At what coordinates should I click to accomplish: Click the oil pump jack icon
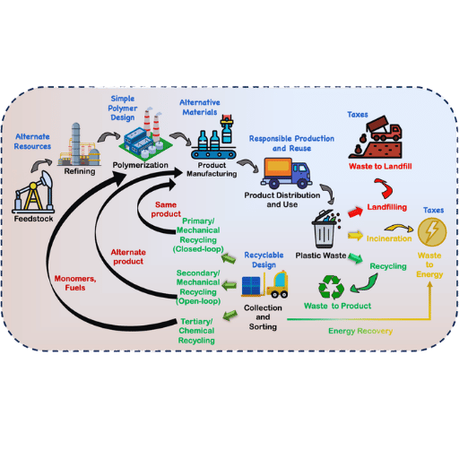[x=33, y=192]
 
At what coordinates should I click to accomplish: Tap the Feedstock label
[x=33, y=219]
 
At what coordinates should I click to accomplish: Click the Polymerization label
[x=140, y=165]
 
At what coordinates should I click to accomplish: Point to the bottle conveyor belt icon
[x=213, y=136]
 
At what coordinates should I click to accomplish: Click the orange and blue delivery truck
[x=286, y=173]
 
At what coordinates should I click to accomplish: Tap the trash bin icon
[x=326, y=229]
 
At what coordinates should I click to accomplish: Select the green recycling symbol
[x=332, y=287]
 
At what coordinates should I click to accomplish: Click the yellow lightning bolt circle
[x=432, y=232]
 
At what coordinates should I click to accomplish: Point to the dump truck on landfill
[x=376, y=137]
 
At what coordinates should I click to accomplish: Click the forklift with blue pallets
[x=264, y=284]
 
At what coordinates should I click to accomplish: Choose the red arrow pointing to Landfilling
[x=355, y=212]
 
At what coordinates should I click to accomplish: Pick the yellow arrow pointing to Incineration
[x=355, y=236]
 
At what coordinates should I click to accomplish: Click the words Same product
[x=166, y=210]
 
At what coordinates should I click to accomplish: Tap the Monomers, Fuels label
[x=75, y=283]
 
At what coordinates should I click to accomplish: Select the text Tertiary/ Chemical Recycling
[x=196, y=331]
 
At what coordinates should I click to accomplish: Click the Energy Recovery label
[x=360, y=331]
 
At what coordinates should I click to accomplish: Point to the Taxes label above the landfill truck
[x=358, y=115]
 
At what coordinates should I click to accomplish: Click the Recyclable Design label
[x=264, y=260]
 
